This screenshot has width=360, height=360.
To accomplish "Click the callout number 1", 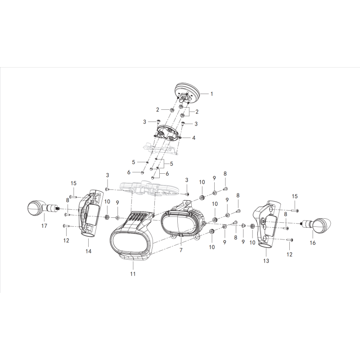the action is [x=211, y=94].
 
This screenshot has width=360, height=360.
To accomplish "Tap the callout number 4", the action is [x=193, y=138].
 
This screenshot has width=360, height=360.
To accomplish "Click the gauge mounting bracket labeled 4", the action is [x=168, y=133].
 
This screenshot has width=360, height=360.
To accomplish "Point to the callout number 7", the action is [x=181, y=250].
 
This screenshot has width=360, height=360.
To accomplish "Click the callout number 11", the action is [x=133, y=274].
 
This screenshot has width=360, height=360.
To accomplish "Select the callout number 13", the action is [x=266, y=261].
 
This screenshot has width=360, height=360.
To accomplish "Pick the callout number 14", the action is [x=88, y=251].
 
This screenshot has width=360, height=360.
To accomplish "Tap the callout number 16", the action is [x=313, y=243].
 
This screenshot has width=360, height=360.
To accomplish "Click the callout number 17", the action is [x=44, y=226].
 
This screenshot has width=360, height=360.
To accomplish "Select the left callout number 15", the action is [x=73, y=183].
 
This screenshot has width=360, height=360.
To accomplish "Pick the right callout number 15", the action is [x=295, y=196].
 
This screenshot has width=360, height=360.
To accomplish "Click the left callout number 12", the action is [x=66, y=240].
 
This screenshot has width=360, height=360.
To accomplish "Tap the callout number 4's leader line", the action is [x=186, y=138].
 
